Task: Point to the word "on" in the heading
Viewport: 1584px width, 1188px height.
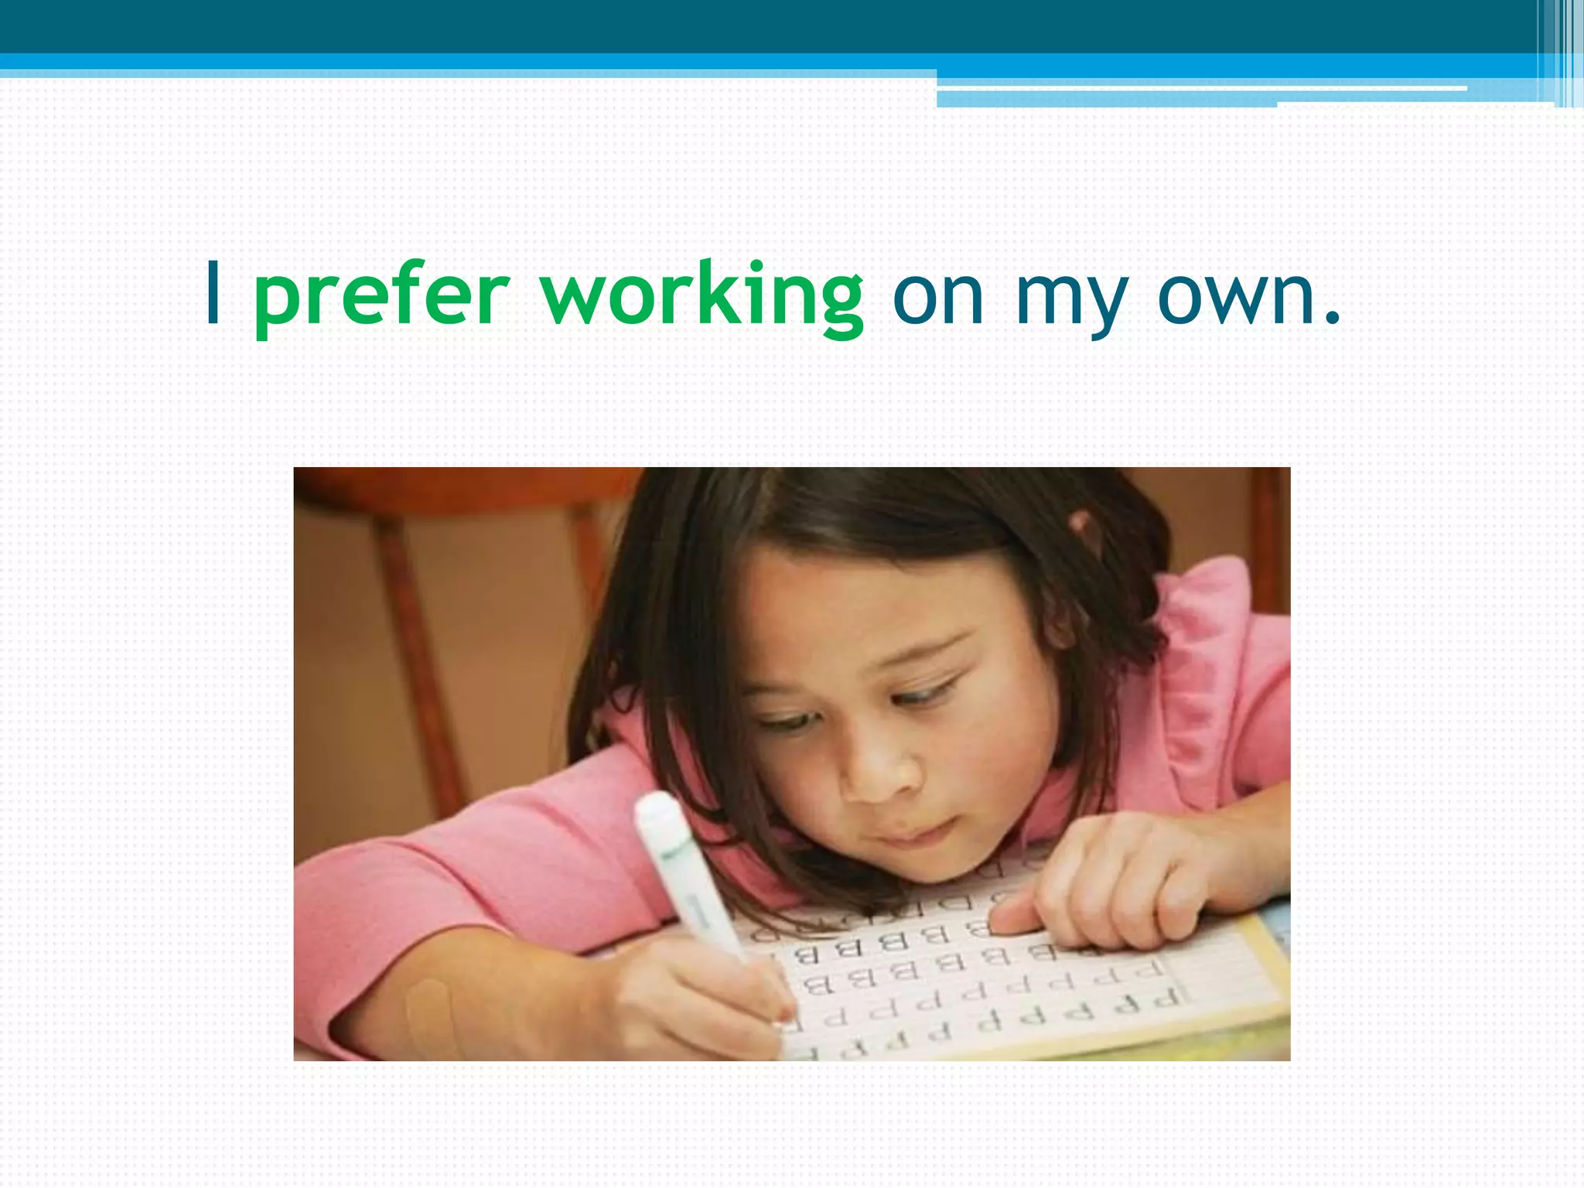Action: coord(937,298)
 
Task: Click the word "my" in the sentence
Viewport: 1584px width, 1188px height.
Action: coord(1070,302)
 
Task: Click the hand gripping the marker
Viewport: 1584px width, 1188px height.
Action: coord(696,998)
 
